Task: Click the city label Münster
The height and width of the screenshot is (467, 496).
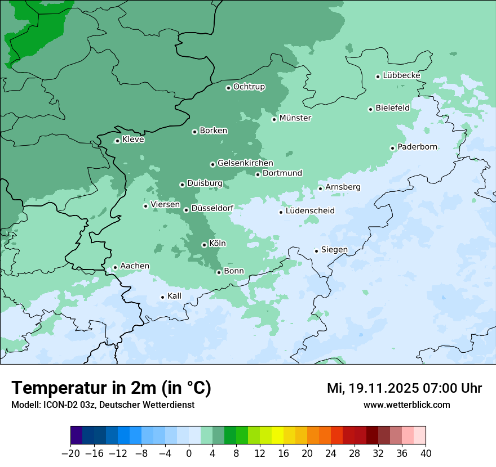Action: [295, 118]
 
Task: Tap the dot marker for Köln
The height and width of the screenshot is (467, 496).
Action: [204, 245]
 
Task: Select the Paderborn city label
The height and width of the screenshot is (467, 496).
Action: [417, 147]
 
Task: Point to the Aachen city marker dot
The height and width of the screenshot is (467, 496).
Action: [115, 268]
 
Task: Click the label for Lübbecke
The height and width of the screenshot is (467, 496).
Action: [401, 75]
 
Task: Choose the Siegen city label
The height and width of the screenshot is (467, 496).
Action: [334, 250]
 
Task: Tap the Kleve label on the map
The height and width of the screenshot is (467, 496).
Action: [133, 140]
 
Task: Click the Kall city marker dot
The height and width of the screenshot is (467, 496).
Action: [163, 297]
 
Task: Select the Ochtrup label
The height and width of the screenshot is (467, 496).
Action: [249, 87]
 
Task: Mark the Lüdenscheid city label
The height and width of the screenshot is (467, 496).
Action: [310, 211]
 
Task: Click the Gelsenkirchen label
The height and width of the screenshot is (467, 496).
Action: [245, 163]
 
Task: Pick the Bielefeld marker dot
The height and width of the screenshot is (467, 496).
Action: [371, 109]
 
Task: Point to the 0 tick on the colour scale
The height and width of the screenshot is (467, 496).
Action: [189, 453]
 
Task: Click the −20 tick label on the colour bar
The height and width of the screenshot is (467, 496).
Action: [70, 453]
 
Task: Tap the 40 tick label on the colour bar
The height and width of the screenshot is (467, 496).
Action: [426, 453]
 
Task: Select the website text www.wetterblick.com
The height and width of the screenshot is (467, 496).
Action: [406, 405]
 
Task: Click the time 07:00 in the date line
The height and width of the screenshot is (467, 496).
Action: [438, 388]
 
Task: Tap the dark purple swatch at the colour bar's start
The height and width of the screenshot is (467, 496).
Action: [77, 435]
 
